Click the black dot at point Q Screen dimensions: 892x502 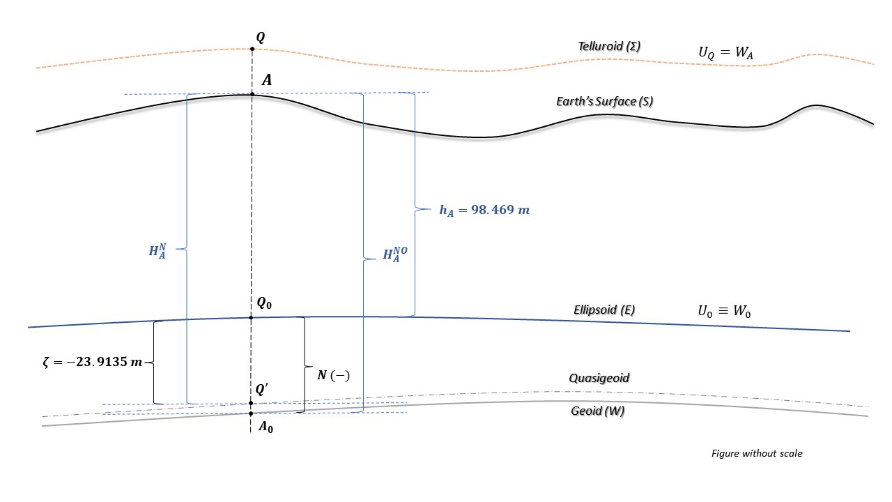click(x=252, y=49)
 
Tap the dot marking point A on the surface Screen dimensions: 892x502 click(x=252, y=94)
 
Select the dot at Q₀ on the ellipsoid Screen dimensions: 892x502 click(x=252, y=318)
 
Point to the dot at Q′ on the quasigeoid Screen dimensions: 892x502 click(x=252, y=403)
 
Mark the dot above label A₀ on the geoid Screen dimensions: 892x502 click(x=252, y=413)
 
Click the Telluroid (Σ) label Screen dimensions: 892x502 click(x=609, y=46)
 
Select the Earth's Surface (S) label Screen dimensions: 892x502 click(x=604, y=102)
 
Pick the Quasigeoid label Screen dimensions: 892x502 click(x=599, y=378)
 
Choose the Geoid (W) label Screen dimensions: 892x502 click(x=597, y=411)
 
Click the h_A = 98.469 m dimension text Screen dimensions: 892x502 click(x=484, y=210)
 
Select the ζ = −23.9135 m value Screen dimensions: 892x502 click(x=93, y=363)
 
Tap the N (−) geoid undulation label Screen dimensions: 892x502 click(x=333, y=375)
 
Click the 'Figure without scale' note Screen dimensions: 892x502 click(x=757, y=453)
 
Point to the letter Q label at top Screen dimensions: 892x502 click(x=260, y=36)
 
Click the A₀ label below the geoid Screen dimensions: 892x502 click(x=266, y=428)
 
